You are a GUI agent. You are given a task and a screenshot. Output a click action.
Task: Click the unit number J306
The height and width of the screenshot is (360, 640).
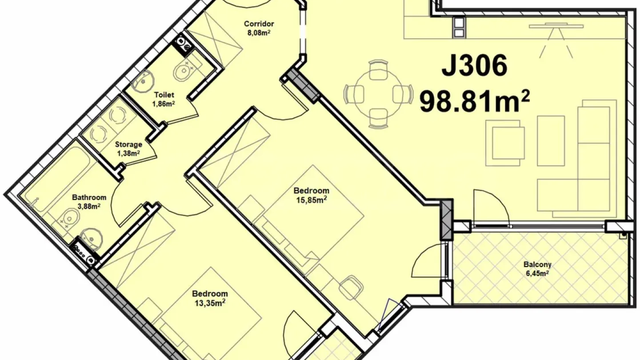click(474, 66)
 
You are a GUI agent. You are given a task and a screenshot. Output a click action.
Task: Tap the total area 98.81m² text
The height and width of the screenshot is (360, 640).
click(474, 102)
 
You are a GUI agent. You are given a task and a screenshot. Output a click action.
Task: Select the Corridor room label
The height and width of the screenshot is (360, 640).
click(259, 24)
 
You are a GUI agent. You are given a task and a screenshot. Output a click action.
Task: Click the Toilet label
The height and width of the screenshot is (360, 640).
click(164, 95)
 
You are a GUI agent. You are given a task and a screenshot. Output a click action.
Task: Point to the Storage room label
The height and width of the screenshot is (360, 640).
click(128, 144)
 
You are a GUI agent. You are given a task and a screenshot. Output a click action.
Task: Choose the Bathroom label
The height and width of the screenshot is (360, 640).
click(89, 197)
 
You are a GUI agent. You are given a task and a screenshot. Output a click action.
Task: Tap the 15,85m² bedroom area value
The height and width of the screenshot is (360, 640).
click(311, 200)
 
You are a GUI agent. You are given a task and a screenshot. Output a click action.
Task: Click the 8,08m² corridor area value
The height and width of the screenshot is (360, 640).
click(259, 32)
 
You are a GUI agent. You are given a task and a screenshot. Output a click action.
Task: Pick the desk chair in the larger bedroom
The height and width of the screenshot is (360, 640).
click(351, 286)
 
